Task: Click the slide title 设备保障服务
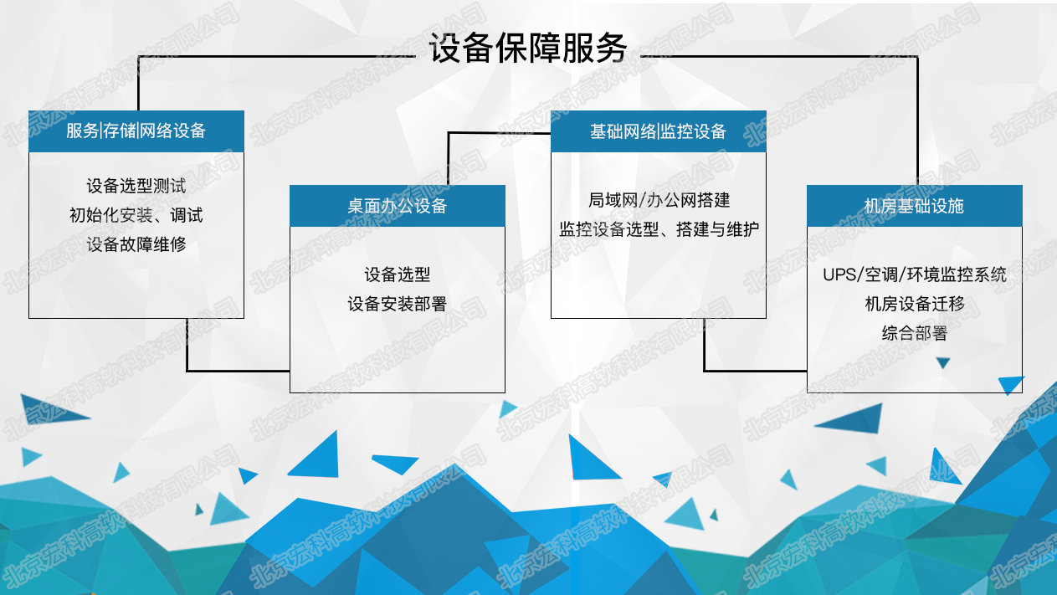coord(528,49)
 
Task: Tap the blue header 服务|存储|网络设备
coord(136,131)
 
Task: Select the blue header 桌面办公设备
coord(398,206)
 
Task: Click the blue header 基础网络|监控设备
coord(659,131)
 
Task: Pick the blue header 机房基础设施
coord(915,206)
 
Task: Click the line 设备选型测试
coord(136,186)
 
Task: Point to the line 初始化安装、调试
coord(136,215)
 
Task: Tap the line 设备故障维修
coord(136,244)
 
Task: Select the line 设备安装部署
coord(398,304)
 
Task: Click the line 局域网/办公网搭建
coord(659,201)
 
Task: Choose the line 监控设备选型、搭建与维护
coord(659,230)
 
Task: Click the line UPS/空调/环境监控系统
coord(915,274)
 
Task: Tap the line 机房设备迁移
coord(915,304)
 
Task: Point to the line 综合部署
coord(915,333)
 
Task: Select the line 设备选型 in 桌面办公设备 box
coord(398,274)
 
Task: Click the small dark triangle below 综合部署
coord(943,362)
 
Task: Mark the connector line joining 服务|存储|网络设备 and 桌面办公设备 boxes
coord(187,371)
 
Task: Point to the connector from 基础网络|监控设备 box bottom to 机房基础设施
coord(705,371)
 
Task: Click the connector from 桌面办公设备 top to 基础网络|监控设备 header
coord(449,134)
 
